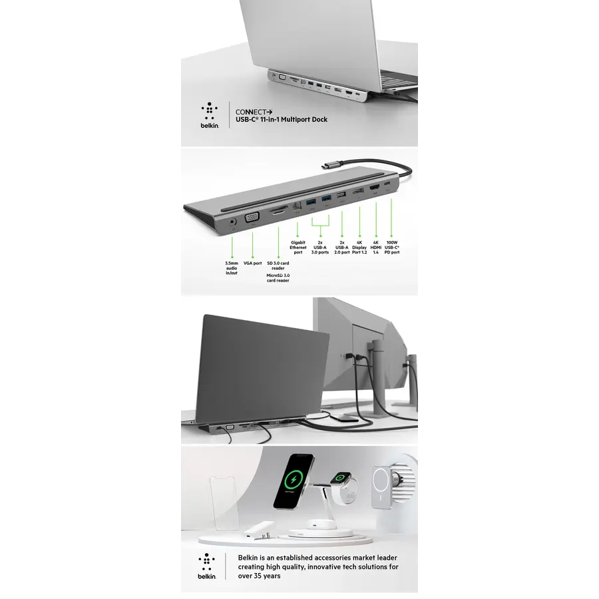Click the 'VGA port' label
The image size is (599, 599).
pyautogui.click(x=252, y=263)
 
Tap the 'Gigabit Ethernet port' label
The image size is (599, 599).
pyautogui.click(x=298, y=248)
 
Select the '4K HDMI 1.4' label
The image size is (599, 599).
pyautogui.click(x=376, y=248)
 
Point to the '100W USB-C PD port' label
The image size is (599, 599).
pyautogui.click(x=392, y=248)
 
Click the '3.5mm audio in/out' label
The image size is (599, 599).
pyautogui.click(x=232, y=268)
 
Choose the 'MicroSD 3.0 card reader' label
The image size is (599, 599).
pyautogui.click(x=278, y=278)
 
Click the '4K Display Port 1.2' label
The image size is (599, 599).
pyautogui.click(x=359, y=248)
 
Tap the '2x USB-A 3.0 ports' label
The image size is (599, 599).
pyautogui.click(x=319, y=248)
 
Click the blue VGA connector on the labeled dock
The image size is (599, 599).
pyautogui.click(x=252, y=218)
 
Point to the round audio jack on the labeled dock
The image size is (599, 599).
pyautogui.click(x=232, y=222)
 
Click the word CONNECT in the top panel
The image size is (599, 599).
pyautogui.click(x=251, y=112)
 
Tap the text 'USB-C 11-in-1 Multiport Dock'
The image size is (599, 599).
pyautogui.click(x=282, y=120)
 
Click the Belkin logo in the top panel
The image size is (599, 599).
pyautogui.click(x=210, y=115)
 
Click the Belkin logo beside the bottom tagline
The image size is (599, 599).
pyautogui.click(x=207, y=566)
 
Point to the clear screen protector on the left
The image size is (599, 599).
pyautogui.click(x=225, y=502)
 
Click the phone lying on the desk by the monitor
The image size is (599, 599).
pyautogui.click(x=344, y=418)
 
